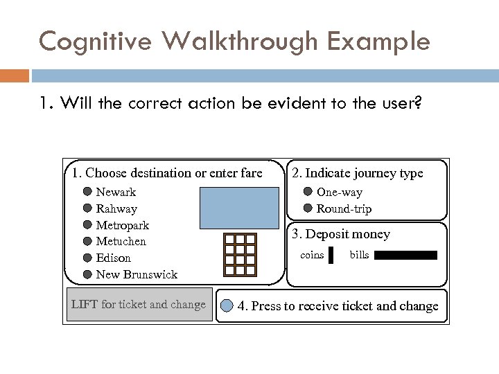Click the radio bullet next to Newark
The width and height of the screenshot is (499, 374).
(87, 192)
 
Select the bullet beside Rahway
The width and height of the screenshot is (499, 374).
(87, 208)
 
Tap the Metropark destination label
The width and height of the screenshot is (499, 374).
(122, 225)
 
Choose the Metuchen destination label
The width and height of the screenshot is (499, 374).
(121, 241)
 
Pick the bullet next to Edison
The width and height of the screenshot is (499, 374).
(87, 258)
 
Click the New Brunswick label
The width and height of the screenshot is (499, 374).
(137, 274)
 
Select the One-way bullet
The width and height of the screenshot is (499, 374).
(308, 192)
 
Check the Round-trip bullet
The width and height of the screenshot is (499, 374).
(308, 208)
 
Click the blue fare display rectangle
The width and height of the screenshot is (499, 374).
(239, 208)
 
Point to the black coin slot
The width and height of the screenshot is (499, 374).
(331, 256)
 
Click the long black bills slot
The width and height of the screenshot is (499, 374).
(406, 256)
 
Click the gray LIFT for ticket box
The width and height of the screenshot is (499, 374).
(139, 305)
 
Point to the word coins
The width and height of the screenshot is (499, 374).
(312, 256)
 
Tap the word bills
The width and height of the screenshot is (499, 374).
(359, 256)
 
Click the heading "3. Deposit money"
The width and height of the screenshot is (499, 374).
(340, 235)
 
